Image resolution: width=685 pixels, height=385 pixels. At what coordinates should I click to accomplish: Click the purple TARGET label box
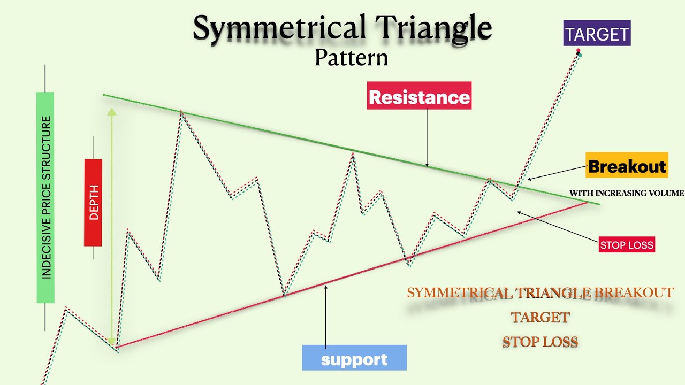click(x=597, y=34)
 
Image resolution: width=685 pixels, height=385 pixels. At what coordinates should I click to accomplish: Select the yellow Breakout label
click(x=627, y=166)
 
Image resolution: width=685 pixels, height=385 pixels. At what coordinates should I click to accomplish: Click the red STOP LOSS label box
click(x=627, y=245)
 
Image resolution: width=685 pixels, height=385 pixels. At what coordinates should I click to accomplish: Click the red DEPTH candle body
click(x=93, y=202)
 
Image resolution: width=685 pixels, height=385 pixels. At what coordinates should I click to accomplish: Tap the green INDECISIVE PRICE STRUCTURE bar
click(x=45, y=197)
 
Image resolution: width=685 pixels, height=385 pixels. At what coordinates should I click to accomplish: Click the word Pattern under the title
click(x=351, y=57)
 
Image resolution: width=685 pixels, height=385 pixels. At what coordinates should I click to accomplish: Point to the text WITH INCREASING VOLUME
click(x=626, y=193)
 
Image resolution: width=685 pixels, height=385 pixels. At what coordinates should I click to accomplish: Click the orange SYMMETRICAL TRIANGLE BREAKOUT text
click(x=540, y=293)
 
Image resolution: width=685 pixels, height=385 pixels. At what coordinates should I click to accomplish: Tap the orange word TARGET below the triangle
click(x=540, y=317)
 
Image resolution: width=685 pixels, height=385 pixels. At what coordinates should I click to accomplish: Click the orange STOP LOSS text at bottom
click(x=540, y=342)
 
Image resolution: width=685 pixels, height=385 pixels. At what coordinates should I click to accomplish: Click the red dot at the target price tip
click(x=578, y=51)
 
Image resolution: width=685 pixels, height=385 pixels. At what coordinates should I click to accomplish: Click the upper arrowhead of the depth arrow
click(x=111, y=112)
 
